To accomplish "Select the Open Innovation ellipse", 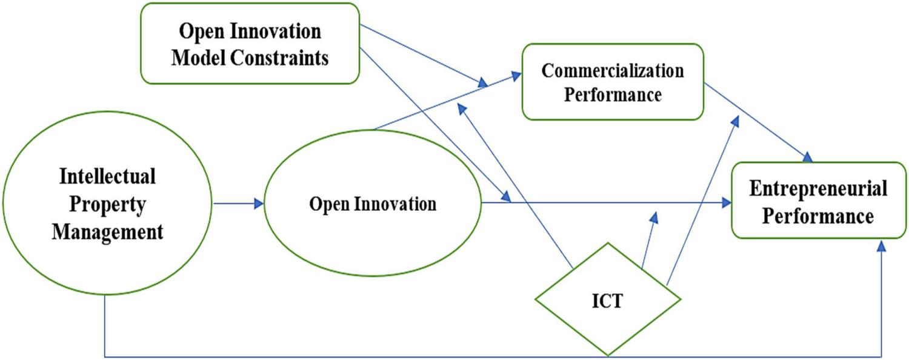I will [373, 203].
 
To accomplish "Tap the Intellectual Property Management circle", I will [107, 204].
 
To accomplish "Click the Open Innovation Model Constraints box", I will [250, 44].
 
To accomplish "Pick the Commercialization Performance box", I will [613, 82].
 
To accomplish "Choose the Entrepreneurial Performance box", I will [818, 200].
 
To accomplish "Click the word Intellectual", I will [107, 176].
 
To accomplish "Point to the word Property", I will [107, 204].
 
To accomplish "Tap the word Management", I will [107, 232].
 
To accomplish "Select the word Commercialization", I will [613, 70].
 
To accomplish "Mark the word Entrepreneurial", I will [818, 188].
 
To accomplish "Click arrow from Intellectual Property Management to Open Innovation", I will [239, 204].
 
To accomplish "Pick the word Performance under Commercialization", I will [613, 95].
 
